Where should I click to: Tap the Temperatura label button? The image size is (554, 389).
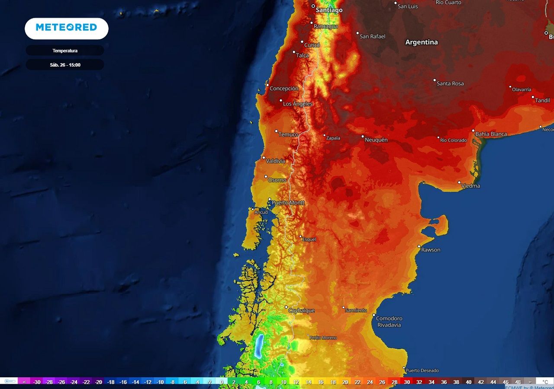[x=65, y=51]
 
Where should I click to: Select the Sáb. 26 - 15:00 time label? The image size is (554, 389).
[x=65, y=65]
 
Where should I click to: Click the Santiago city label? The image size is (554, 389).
[x=329, y=10]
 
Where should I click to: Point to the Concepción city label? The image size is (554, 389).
[x=284, y=89]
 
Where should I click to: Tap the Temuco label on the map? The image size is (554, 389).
[x=288, y=134]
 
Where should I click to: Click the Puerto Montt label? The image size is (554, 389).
[x=288, y=203]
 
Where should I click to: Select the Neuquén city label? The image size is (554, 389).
[x=376, y=140]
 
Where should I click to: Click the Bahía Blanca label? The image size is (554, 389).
[x=491, y=134]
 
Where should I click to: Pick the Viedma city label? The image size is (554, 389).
[x=471, y=186]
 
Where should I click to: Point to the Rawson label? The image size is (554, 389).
[x=431, y=250]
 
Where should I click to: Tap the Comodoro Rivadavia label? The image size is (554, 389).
[x=389, y=322]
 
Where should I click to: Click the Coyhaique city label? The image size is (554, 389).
[x=302, y=311]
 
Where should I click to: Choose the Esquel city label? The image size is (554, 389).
[x=309, y=239]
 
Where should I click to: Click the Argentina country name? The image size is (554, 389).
[x=421, y=42]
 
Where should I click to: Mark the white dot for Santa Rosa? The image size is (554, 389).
[x=435, y=80]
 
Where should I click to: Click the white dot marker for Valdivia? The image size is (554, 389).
[x=264, y=157]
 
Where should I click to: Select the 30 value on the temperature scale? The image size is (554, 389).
[x=407, y=382]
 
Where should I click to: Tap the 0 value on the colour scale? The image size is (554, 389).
[x=222, y=382]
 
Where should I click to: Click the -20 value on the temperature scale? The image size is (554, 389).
[x=99, y=382]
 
